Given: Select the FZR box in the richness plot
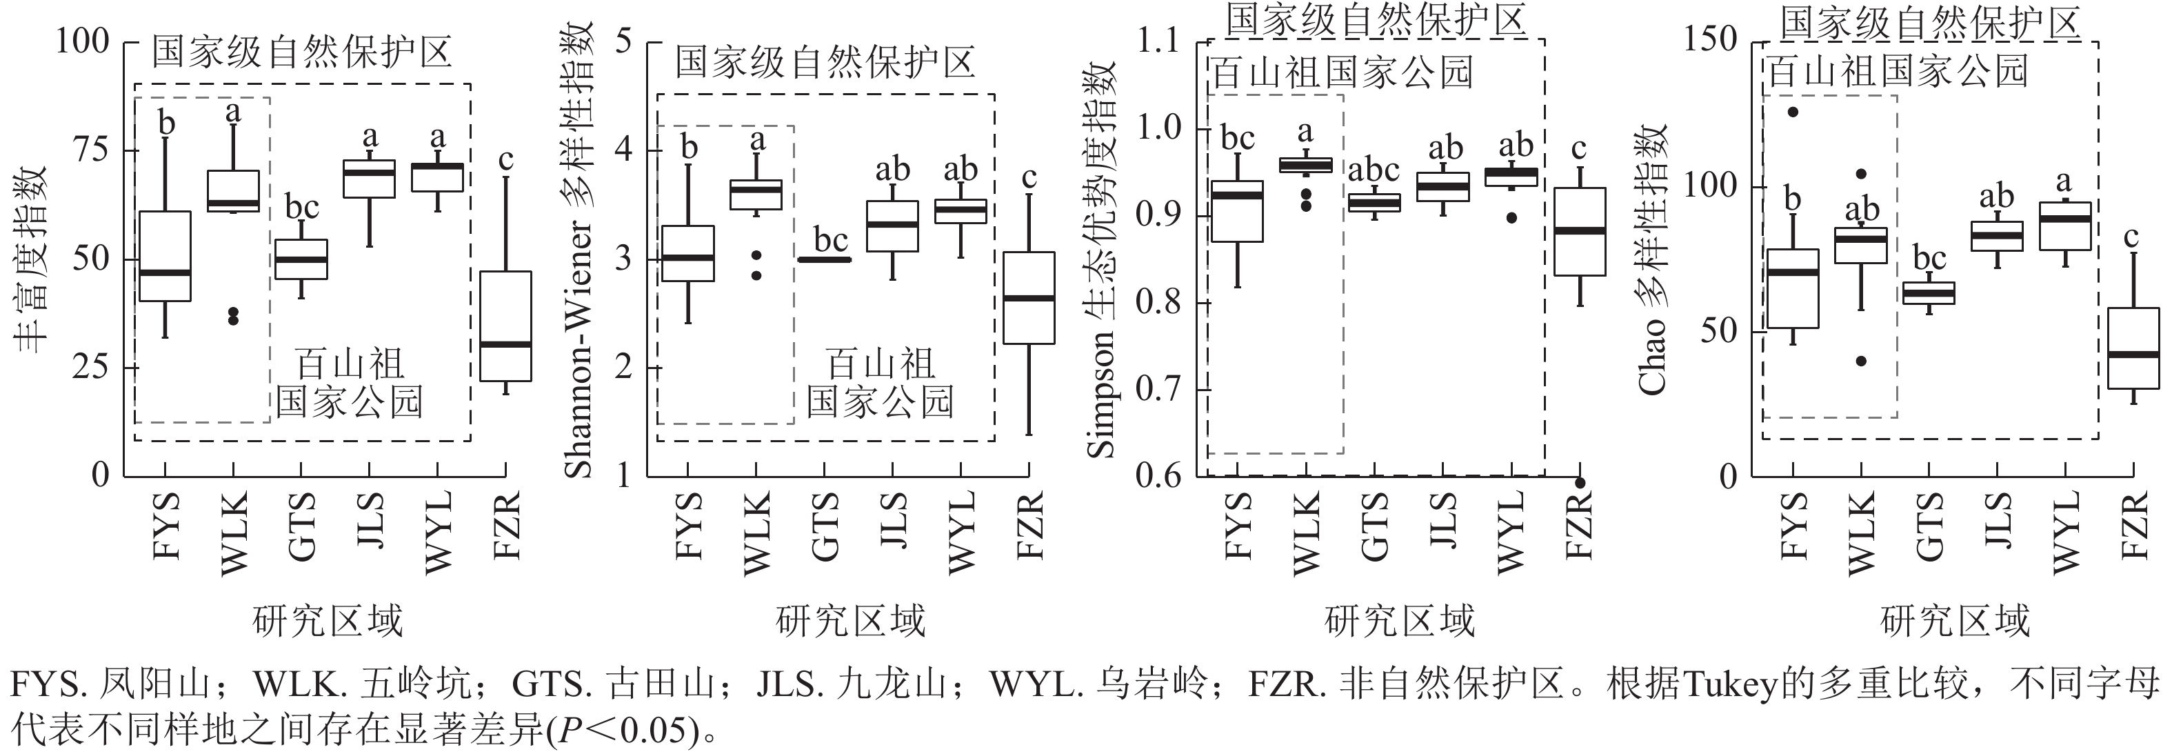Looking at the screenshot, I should (x=506, y=326).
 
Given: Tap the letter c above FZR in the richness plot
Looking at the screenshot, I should (x=506, y=159).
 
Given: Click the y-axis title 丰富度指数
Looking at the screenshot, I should (x=30, y=258).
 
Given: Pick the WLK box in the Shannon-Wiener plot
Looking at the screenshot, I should (x=756, y=194).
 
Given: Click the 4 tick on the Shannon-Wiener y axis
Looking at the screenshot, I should (x=623, y=150).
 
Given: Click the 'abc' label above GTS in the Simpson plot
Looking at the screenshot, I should (x=1374, y=171).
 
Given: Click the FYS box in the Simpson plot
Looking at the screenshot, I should (x=1238, y=211).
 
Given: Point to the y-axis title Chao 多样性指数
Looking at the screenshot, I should (x=1652, y=258).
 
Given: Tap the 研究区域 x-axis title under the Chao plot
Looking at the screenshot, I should (x=1955, y=622).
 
